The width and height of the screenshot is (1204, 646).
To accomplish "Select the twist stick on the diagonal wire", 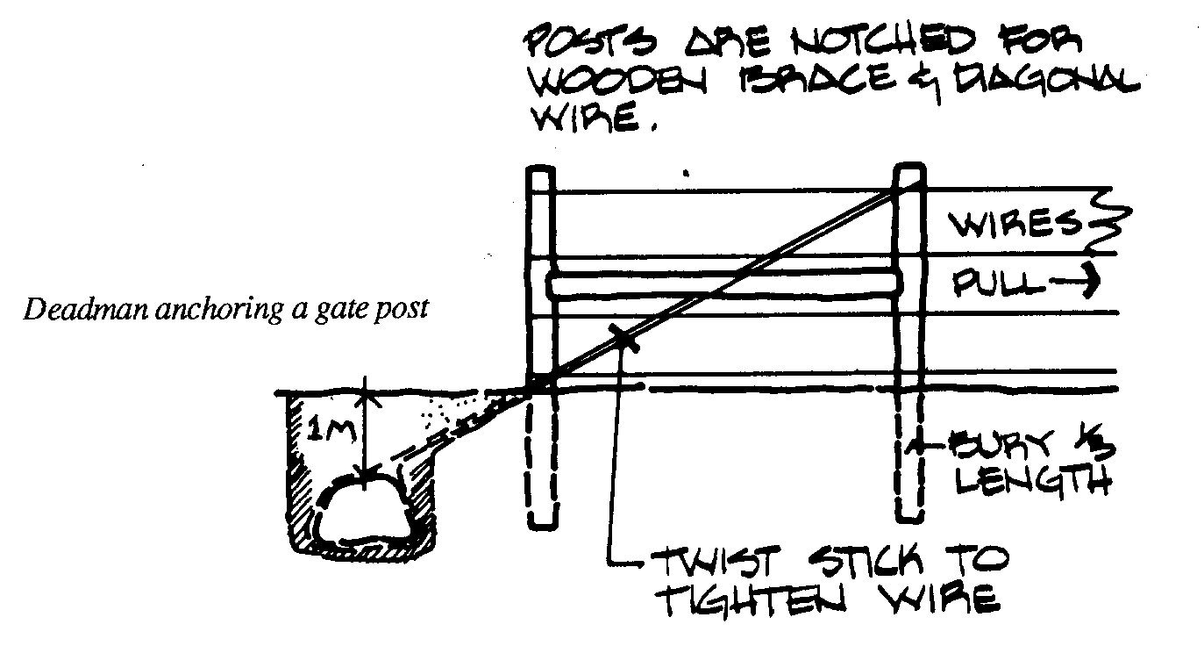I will pyautogui.click(x=624, y=335).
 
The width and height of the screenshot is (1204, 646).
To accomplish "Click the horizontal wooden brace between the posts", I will pyautogui.click(x=724, y=284).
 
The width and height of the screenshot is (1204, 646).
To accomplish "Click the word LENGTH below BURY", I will pyautogui.click(x=1029, y=482).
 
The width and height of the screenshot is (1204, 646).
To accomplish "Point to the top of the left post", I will pyautogui.click(x=538, y=172).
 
